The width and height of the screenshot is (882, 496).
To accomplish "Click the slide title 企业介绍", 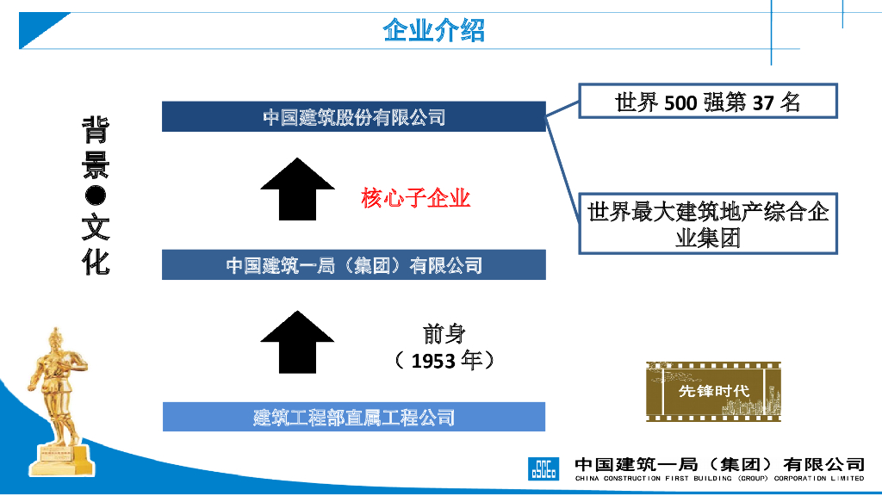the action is (x=434, y=31).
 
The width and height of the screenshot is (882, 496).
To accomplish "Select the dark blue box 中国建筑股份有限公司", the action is (x=353, y=117).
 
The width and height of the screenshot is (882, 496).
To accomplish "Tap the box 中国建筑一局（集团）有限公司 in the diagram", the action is (x=353, y=265).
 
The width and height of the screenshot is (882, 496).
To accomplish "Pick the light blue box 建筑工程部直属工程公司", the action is (x=353, y=418).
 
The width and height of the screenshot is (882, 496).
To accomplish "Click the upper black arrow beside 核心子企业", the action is (x=297, y=190).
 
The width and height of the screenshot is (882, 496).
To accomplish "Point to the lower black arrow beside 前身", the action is (x=297, y=342).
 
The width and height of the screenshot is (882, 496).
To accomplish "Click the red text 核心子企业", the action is (x=415, y=199).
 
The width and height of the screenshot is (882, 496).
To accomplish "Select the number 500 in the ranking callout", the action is (x=680, y=103).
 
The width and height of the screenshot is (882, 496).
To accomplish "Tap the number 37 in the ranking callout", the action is (x=762, y=103).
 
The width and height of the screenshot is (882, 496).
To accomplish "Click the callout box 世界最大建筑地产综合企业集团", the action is (x=707, y=224).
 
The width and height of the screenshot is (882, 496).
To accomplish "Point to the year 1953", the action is (x=433, y=361).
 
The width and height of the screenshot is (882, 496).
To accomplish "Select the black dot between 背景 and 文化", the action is (x=96, y=196).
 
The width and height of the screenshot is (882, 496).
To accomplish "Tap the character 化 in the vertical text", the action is (x=96, y=260).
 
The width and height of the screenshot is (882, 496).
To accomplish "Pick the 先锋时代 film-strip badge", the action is (x=713, y=391).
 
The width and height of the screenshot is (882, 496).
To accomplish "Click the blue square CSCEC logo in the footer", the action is (x=543, y=468).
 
